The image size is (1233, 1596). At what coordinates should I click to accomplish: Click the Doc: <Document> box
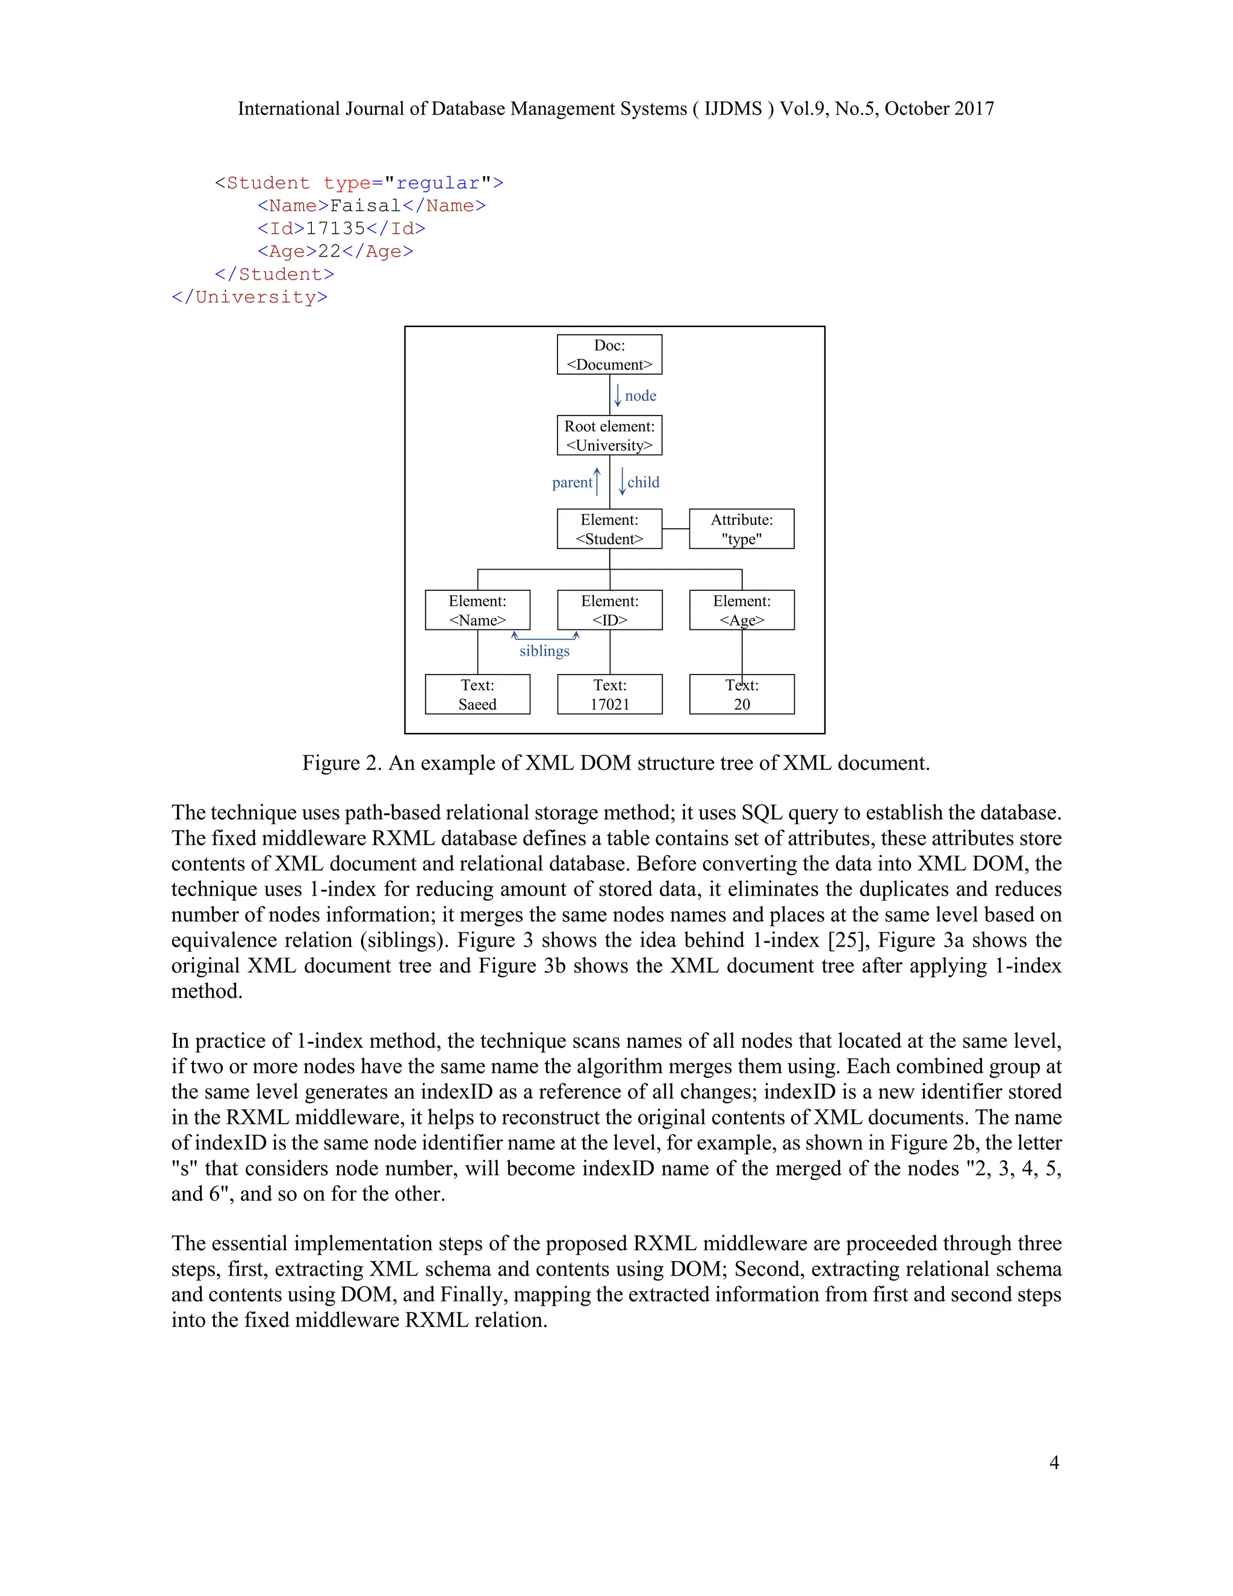point(609,354)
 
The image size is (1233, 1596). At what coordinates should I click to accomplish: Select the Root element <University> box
point(609,435)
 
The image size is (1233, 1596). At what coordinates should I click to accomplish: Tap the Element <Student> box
point(609,529)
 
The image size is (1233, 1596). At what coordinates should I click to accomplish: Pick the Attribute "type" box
point(741,529)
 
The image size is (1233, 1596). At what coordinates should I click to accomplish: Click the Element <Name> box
point(477,610)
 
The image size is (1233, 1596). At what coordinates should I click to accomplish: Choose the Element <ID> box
point(609,610)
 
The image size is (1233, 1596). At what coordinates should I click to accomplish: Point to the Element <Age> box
point(741,610)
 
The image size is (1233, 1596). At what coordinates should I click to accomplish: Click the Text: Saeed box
point(477,694)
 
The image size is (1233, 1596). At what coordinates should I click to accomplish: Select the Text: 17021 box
point(609,694)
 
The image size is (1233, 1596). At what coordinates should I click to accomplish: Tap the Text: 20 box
point(741,694)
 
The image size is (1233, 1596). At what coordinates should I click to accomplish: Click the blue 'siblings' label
point(544,651)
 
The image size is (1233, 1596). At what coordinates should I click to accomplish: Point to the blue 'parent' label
point(572,482)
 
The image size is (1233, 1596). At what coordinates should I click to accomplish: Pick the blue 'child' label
point(643,482)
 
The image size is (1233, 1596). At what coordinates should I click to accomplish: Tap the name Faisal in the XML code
point(365,206)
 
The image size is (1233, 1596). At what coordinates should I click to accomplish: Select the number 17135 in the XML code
point(335,229)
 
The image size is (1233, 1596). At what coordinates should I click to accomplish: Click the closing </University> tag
point(249,298)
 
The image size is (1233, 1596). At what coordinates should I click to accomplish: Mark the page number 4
point(1054,1462)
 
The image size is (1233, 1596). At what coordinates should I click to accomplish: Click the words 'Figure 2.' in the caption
point(342,763)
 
